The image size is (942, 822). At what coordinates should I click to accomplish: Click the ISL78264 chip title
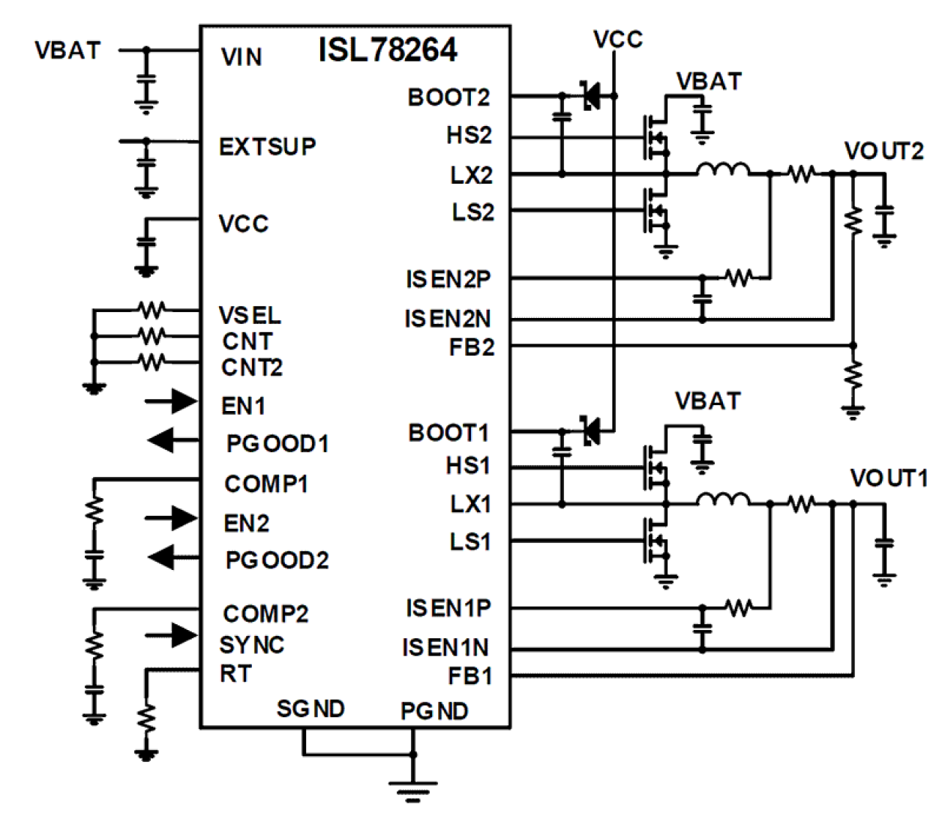pos(387,50)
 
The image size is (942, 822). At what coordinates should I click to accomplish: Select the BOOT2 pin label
pos(448,97)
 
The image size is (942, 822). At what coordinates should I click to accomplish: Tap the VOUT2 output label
pos(883,151)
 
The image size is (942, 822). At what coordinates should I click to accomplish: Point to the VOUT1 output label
pos(888,478)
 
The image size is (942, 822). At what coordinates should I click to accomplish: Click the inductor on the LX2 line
pos(722,171)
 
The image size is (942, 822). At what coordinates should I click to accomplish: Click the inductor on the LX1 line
pos(722,500)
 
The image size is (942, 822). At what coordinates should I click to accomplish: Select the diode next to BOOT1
pos(590,430)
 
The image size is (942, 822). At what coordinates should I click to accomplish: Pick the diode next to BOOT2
pos(590,95)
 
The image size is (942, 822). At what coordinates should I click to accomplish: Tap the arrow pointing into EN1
pos(172,402)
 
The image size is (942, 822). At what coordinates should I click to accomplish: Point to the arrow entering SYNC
pos(172,635)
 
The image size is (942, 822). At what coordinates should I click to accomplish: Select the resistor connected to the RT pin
pos(146,719)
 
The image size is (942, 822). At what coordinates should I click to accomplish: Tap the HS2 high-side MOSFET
pos(655,137)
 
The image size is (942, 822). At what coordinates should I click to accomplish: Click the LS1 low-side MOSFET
pos(655,541)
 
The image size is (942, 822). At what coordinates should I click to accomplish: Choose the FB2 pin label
pos(471,348)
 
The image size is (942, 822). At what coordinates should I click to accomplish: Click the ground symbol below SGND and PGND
pos(412,790)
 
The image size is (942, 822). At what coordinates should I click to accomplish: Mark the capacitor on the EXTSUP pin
pos(146,163)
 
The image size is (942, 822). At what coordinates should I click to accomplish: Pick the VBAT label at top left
pos(67,51)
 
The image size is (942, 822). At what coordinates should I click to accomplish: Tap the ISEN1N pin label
pos(445,647)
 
